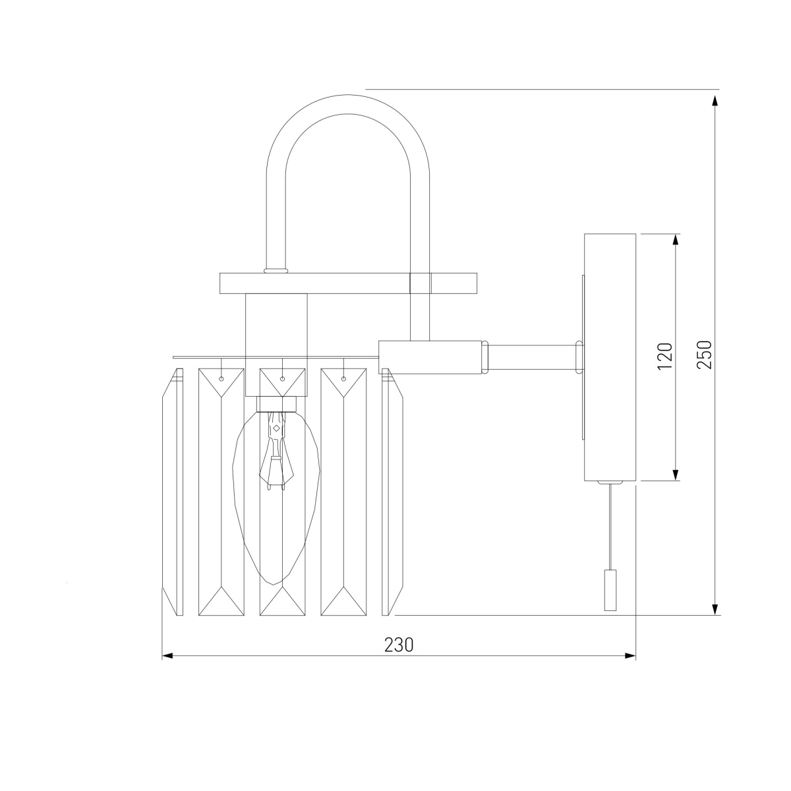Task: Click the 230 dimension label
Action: pos(399,645)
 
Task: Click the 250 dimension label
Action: pos(705,354)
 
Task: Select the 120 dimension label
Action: pos(665,356)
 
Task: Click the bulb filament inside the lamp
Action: pos(276,451)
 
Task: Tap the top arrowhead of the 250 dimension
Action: pos(715,101)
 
